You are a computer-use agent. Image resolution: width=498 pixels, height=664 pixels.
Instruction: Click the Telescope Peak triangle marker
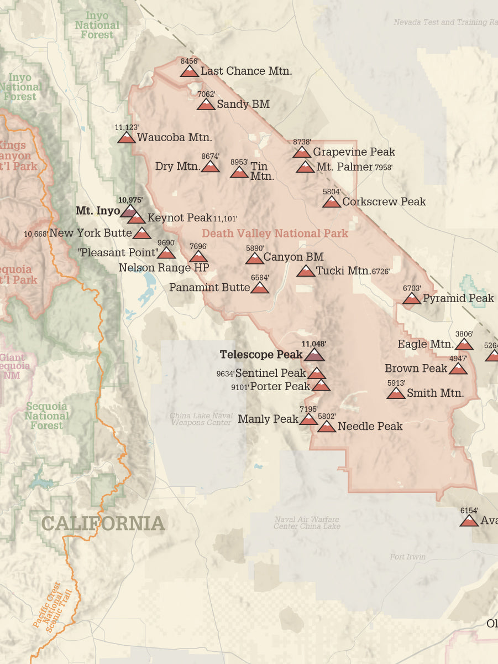pos(314,355)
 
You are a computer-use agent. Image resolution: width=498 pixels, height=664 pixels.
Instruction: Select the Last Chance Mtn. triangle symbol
pos(190,71)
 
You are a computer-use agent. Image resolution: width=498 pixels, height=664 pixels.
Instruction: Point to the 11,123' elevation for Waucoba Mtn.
pos(127,127)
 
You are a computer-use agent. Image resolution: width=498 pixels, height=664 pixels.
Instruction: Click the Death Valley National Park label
pos(275,234)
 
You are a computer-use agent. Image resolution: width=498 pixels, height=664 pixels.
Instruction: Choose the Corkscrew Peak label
pos(384,202)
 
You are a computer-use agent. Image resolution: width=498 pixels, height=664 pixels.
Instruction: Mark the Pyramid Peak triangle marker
pos(411,299)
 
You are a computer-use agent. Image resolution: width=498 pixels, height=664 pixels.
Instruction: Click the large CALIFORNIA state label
pos(103,523)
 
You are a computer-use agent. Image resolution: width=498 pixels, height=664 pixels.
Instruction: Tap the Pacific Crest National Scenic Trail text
pos(54,609)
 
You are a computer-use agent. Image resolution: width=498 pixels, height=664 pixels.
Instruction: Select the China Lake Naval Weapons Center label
pos(200,419)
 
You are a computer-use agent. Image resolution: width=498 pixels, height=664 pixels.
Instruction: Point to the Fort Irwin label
pos(408,557)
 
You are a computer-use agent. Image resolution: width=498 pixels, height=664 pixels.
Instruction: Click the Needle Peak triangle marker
pos(326,427)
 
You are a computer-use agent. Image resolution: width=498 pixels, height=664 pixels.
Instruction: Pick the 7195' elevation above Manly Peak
pos(308,409)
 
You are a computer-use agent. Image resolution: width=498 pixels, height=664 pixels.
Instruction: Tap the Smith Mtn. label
pos(435,393)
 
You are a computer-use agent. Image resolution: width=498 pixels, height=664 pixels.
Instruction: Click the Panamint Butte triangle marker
pos(259,288)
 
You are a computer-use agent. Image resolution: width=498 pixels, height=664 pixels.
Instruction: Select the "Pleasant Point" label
pos(117,253)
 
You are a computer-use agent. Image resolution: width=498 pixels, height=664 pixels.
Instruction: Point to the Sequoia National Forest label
pos(46,416)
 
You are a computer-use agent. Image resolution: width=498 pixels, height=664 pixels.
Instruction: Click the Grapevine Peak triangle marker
pos(302,152)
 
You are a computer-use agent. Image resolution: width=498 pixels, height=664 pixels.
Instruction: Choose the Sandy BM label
pos(243,104)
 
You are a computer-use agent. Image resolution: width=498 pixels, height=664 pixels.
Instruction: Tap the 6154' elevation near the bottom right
pos(469,511)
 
